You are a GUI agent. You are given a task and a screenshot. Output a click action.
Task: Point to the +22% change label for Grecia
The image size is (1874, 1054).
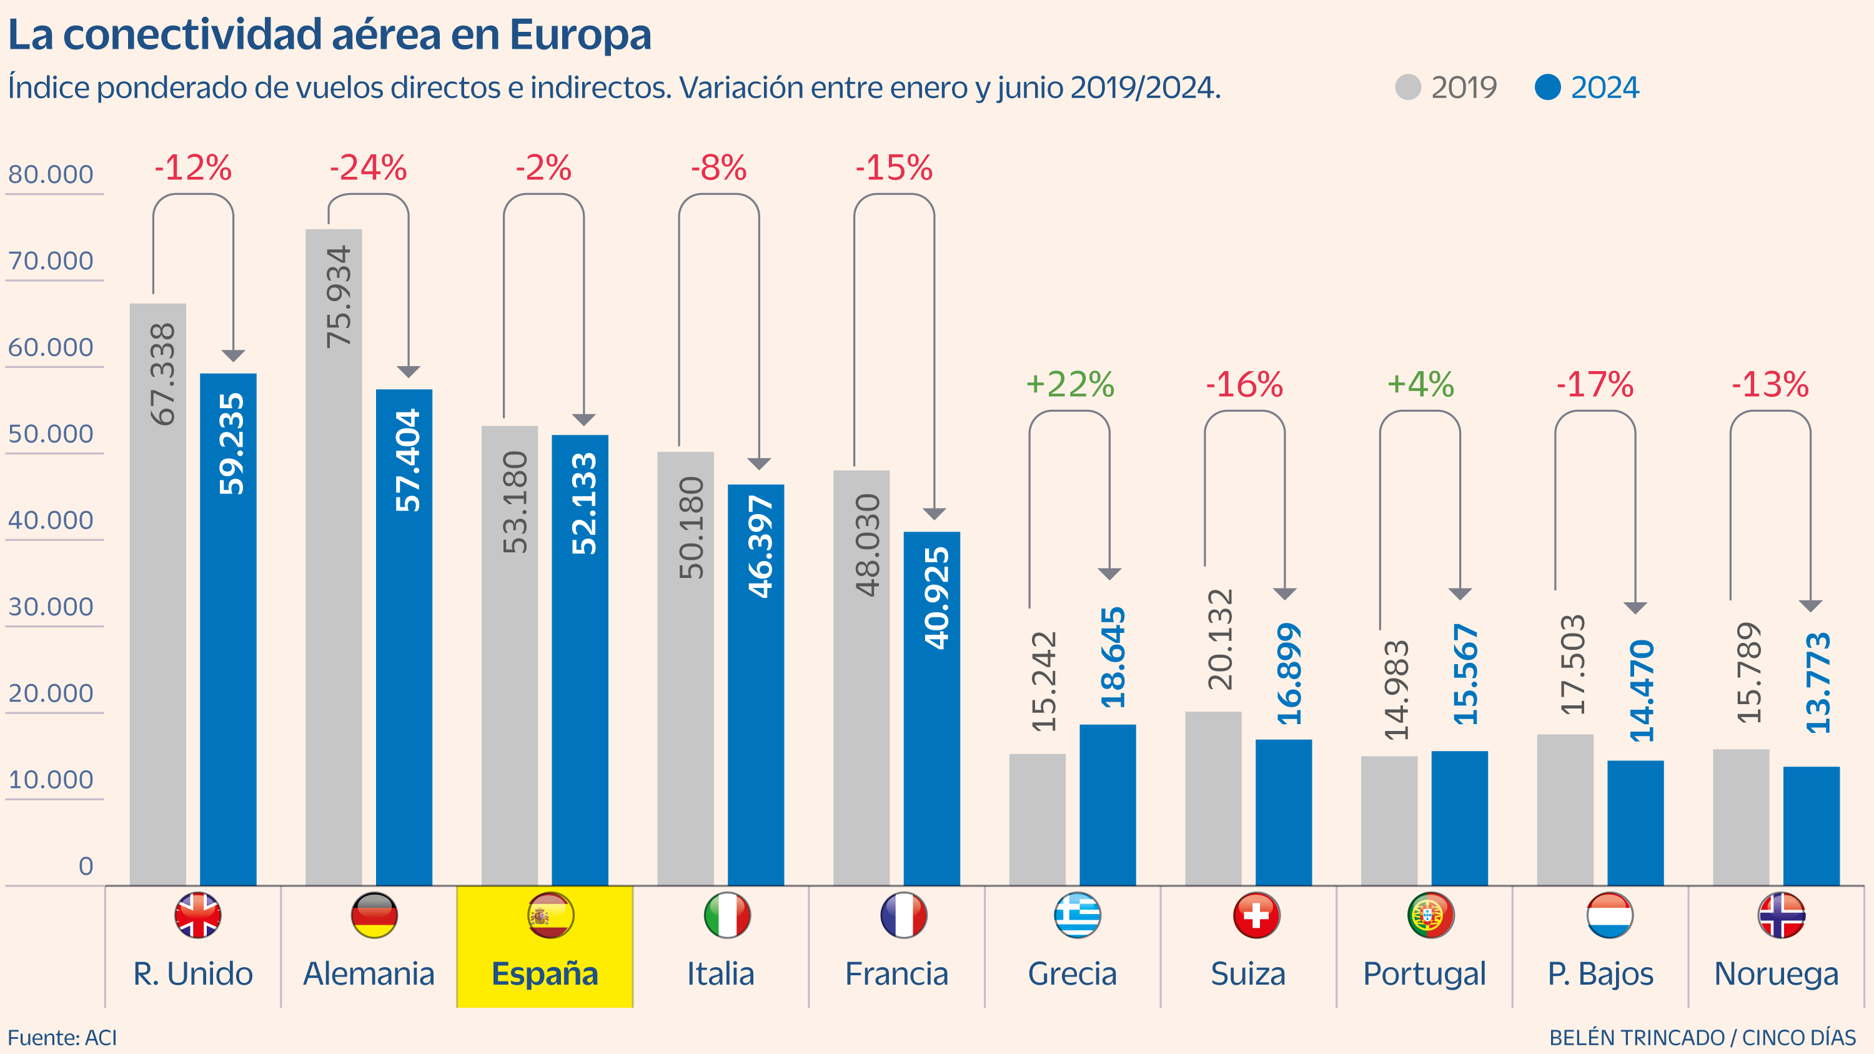[x=1069, y=384]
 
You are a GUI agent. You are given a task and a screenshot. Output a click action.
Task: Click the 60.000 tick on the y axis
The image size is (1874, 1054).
[x=51, y=348]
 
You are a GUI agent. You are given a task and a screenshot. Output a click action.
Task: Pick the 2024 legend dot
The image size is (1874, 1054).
[x=1547, y=87]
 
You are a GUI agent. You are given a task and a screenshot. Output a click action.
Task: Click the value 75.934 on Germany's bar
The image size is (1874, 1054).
[x=339, y=297]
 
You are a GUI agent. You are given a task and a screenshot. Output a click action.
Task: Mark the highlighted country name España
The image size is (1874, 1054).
[x=545, y=973]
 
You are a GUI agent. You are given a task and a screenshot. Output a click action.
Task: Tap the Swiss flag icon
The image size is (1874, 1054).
[x=1256, y=915]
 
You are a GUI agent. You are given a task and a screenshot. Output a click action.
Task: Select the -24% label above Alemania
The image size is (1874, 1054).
[x=368, y=168]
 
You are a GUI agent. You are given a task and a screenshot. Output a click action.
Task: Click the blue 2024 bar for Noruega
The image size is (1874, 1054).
[x=1811, y=825]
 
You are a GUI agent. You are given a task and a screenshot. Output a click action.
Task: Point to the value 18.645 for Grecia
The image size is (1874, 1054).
[x=1113, y=657]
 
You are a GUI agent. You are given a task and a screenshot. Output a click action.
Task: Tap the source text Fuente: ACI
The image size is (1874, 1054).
[x=62, y=1037]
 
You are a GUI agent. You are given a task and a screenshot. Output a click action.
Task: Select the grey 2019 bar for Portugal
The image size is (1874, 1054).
[x=1389, y=820]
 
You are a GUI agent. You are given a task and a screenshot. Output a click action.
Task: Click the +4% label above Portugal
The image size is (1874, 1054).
[x=1420, y=384]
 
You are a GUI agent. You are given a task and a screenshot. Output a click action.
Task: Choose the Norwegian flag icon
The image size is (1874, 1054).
[x=1782, y=915]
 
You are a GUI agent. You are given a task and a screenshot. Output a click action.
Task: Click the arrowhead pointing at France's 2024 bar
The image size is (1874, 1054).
[x=934, y=514]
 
